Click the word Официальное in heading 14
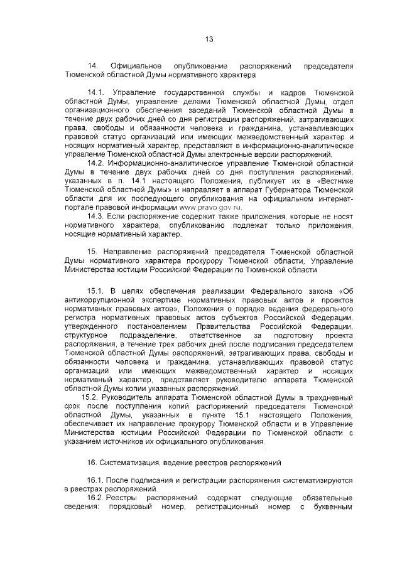coord(136,66)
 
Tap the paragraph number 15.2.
coord(95,397)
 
